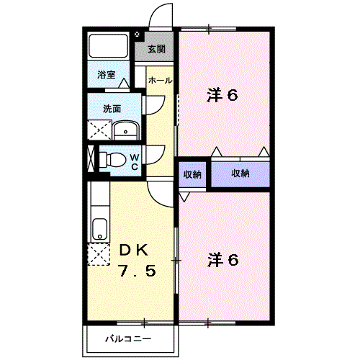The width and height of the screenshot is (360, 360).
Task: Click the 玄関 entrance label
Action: pos(157,49)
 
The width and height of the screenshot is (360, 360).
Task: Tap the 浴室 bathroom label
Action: pos(107,73)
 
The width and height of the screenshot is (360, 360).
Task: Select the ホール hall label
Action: pos(160,81)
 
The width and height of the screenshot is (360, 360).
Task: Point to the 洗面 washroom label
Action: pos(112,109)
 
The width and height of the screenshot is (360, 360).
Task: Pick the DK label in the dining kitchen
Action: pos(134,251)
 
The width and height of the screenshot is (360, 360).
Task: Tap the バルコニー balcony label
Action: pos(128,338)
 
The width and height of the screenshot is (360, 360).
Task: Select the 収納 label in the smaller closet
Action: pos(192,174)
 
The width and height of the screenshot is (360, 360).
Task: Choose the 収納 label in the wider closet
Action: pos(240,174)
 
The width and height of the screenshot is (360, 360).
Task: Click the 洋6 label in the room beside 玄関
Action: pos(222,96)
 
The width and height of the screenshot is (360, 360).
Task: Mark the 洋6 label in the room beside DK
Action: pos(222,259)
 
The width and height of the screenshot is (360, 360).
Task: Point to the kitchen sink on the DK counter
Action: pos(99,230)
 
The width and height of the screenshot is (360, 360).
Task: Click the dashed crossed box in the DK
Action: pos(97,256)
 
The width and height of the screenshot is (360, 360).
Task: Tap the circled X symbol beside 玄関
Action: pos(138,33)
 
